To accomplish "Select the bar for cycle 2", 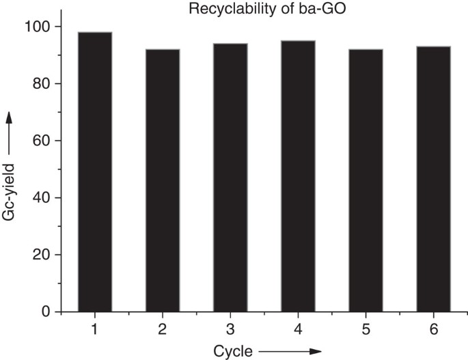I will [163, 180].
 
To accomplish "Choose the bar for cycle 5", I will [366, 180].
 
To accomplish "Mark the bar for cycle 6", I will [433, 179].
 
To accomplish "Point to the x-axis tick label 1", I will [95, 329].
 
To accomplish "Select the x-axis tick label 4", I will [298, 329].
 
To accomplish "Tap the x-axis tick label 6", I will [433, 329].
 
